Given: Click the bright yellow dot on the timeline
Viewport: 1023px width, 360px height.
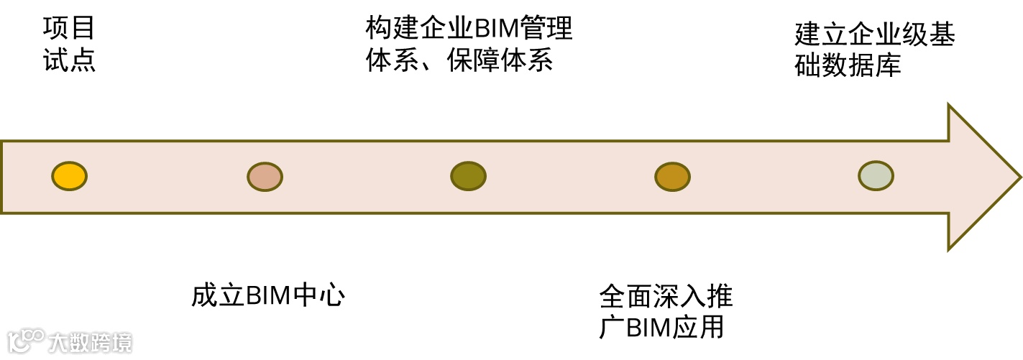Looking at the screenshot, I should coord(69,176).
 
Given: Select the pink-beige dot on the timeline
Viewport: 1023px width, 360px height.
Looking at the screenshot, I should coord(265,177).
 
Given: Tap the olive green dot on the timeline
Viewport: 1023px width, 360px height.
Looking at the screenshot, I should coord(468,176).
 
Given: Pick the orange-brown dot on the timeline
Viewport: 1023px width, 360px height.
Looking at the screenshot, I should coord(672,177).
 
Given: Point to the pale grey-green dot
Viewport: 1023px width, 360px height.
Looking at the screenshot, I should coord(876,176).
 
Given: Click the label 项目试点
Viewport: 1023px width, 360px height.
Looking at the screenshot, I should coord(69,45).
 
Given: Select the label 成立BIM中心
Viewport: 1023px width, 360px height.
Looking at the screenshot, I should coord(268,296).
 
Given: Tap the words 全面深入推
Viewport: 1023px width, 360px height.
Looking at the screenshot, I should coord(666,296).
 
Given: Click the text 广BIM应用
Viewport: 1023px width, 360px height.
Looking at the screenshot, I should coord(661,327).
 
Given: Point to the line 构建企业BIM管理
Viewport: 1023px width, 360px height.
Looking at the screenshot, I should coord(469,29).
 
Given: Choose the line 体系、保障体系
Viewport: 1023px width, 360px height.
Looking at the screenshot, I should coord(459,60).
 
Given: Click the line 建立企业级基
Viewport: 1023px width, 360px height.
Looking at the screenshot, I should coord(874,34).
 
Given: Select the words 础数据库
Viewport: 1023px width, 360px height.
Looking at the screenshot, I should coord(848,65).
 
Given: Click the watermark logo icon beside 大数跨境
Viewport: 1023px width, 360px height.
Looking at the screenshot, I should coord(25,342).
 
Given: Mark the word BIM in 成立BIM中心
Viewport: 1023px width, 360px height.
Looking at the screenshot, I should coord(267,296).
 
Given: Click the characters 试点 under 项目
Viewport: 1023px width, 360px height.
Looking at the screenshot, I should coord(69,60).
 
